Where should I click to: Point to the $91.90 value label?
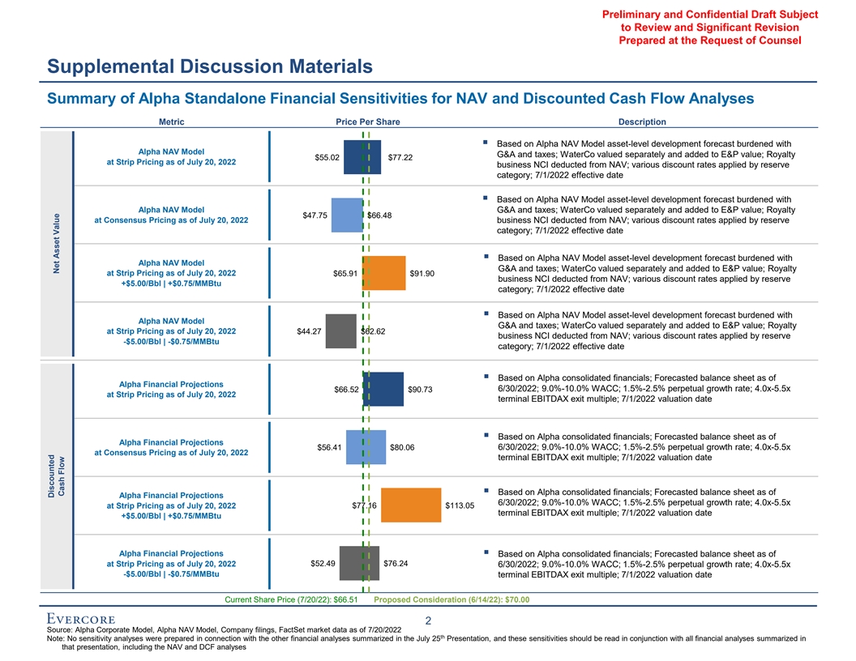point(424,273)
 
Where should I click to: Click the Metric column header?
point(171,122)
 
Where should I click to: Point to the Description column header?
point(642,122)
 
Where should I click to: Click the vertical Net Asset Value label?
point(55,243)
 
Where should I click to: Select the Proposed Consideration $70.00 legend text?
point(452,600)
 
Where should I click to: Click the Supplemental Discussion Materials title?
point(209,66)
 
